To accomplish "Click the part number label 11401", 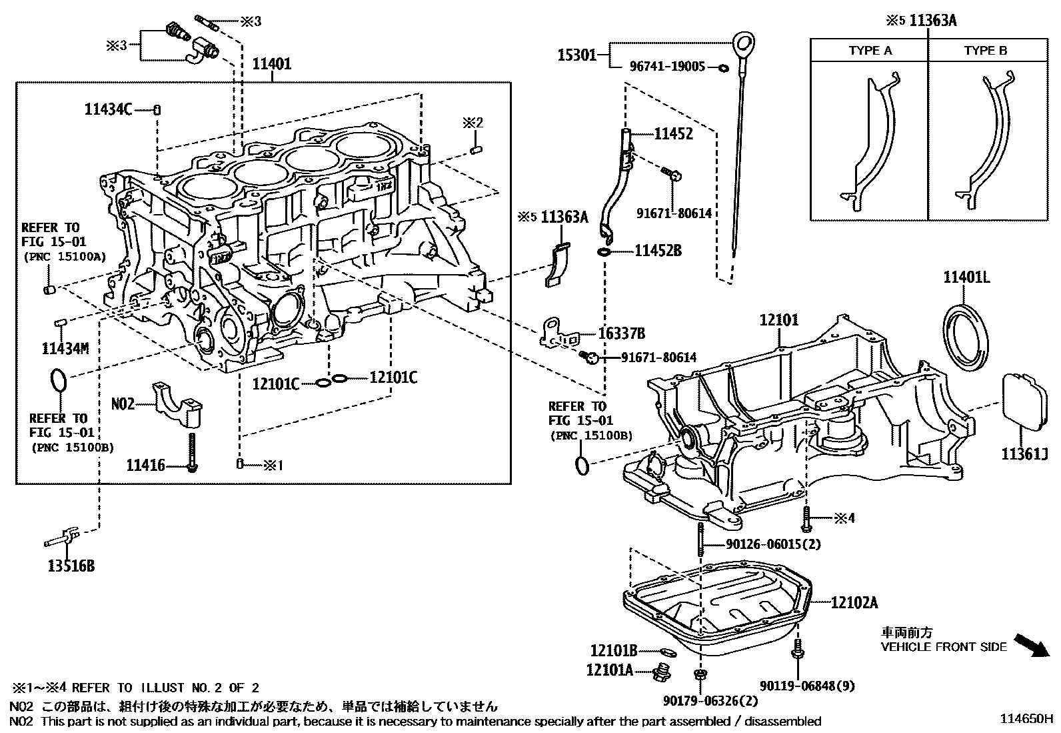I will (272, 65).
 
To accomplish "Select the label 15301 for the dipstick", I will (576, 55).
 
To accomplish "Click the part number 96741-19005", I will (667, 67).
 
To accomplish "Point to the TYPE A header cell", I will (870, 51).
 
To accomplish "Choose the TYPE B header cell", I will (985, 51).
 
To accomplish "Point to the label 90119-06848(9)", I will (807, 686).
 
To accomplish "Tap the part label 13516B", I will (71, 566).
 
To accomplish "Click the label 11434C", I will (109, 109).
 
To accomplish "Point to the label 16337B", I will (622, 333).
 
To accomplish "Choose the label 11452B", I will (658, 251).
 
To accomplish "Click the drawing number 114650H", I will (1025, 719).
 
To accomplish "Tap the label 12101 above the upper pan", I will (778, 320).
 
